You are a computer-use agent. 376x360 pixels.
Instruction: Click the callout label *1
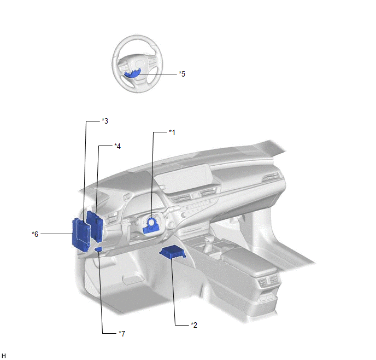tap(172, 132)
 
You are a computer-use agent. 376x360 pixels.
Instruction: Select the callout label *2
tap(194, 325)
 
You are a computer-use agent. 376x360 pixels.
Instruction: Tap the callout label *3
tap(105, 121)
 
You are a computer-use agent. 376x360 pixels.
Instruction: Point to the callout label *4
tap(117, 146)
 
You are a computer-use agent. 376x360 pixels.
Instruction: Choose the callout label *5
tap(182, 74)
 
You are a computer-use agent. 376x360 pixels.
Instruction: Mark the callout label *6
tap(35, 234)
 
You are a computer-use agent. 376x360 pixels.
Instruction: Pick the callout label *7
tap(122, 334)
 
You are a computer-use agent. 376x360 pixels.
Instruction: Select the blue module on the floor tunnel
tap(172, 253)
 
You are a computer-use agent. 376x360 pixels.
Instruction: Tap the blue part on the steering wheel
tap(132, 74)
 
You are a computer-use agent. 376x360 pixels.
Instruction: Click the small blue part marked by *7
tap(98, 249)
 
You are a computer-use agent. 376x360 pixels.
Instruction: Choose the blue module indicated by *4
tap(95, 225)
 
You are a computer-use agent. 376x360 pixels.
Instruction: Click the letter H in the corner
tap(4, 356)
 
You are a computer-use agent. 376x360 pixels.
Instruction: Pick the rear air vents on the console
tap(267, 280)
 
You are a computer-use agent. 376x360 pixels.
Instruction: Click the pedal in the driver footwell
tap(131, 280)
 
